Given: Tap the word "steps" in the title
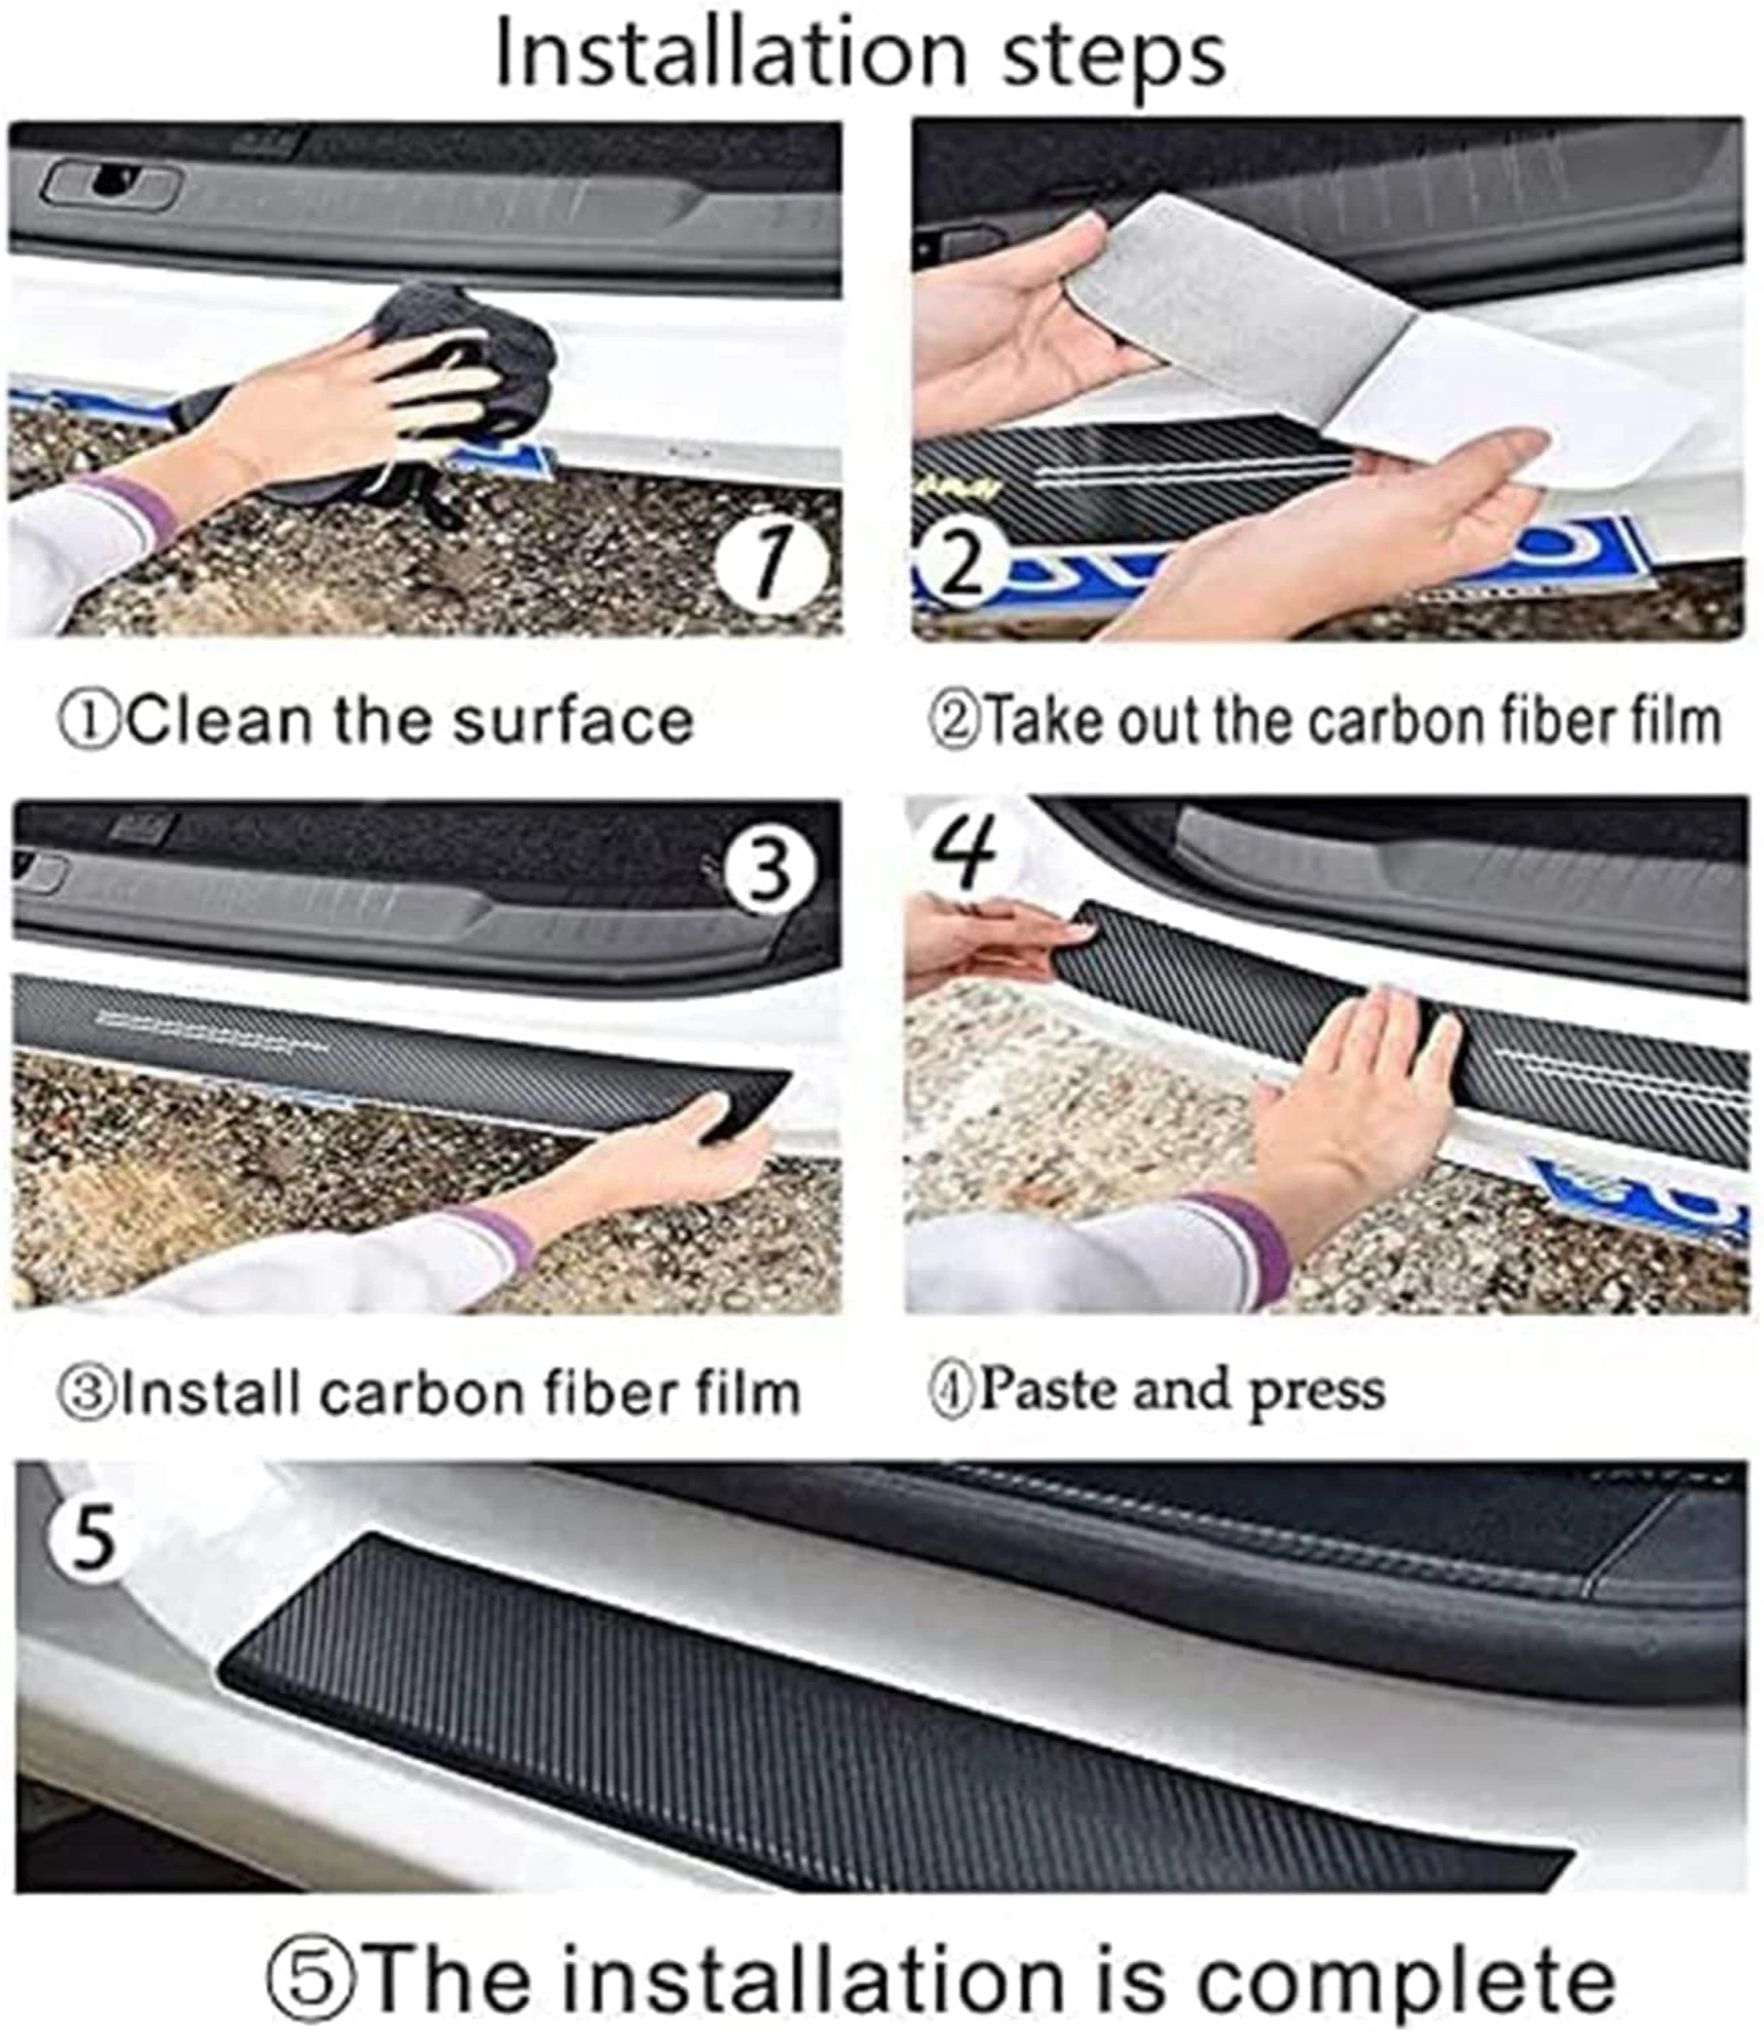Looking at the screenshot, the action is pos(1113,59).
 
